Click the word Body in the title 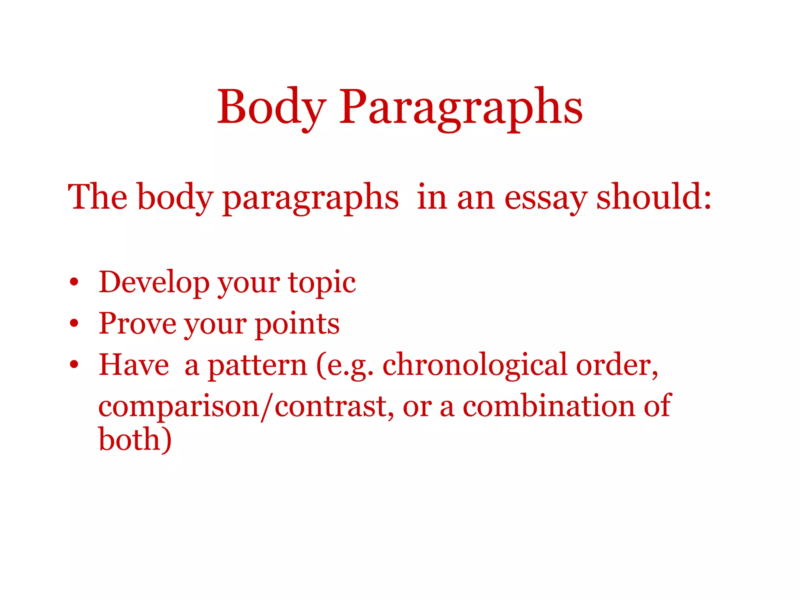[271, 107]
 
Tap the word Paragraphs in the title [461, 107]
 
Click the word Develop [154, 282]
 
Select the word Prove [137, 323]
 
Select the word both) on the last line [135, 440]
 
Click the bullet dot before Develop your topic [74, 282]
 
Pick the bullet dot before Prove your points [74, 323]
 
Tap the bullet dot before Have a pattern [74, 365]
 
